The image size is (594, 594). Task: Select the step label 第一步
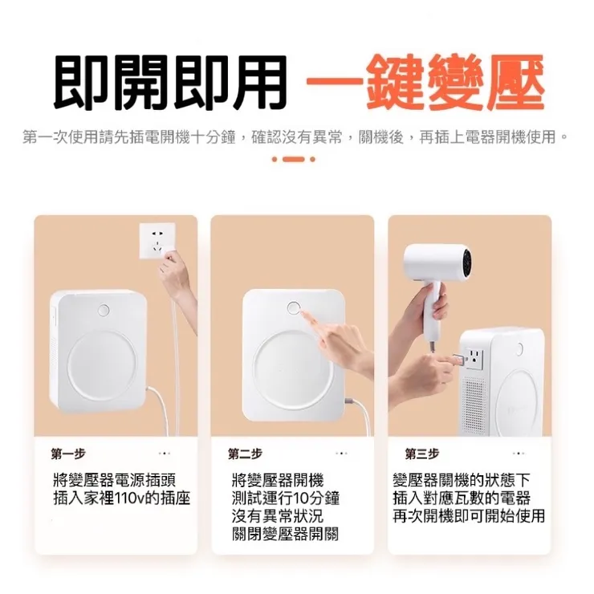click(x=67, y=454)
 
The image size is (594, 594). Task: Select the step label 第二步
click(x=245, y=454)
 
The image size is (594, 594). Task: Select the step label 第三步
click(x=422, y=454)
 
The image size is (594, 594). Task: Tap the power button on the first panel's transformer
click(x=104, y=310)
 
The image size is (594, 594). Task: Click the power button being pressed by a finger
click(x=294, y=308)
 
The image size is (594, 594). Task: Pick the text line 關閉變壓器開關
click(x=285, y=534)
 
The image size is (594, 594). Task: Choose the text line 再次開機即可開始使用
click(x=469, y=516)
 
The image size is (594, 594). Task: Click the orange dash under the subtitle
click(x=294, y=159)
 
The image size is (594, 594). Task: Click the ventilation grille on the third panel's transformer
click(x=475, y=405)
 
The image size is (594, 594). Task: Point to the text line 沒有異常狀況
click(x=276, y=516)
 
